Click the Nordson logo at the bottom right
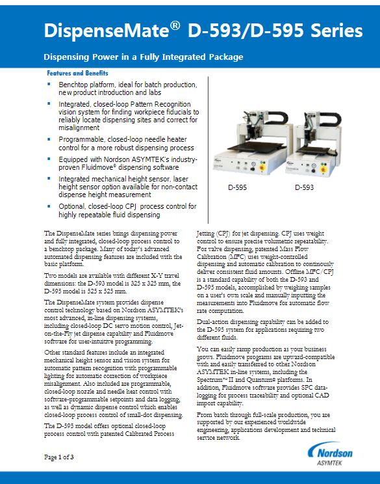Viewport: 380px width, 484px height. tap(330, 451)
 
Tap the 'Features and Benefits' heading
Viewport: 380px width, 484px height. tap(77, 73)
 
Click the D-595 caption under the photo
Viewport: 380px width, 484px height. tap(237, 187)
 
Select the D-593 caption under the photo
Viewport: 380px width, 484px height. tap(304, 187)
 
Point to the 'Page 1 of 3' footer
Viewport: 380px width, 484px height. tap(59, 457)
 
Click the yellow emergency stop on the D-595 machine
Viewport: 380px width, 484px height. tap(263, 168)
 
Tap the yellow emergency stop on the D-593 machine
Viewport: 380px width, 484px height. tap(323, 170)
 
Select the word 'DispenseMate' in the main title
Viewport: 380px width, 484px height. tap(107, 31)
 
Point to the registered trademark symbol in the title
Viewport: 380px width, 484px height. tap(175, 25)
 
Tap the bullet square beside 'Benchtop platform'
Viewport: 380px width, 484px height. tap(49, 83)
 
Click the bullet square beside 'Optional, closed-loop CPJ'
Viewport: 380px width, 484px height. tap(49, 206)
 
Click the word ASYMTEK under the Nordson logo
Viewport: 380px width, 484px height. tap(329, 463)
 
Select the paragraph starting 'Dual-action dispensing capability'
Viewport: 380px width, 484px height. tap(262, 330)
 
